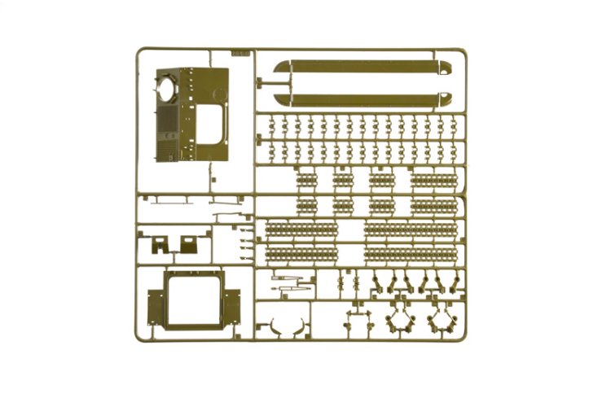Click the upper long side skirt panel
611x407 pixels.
tap(363, 68)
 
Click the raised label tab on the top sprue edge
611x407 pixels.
tap(240, 53)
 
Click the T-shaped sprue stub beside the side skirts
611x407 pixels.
tap(262, 81)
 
